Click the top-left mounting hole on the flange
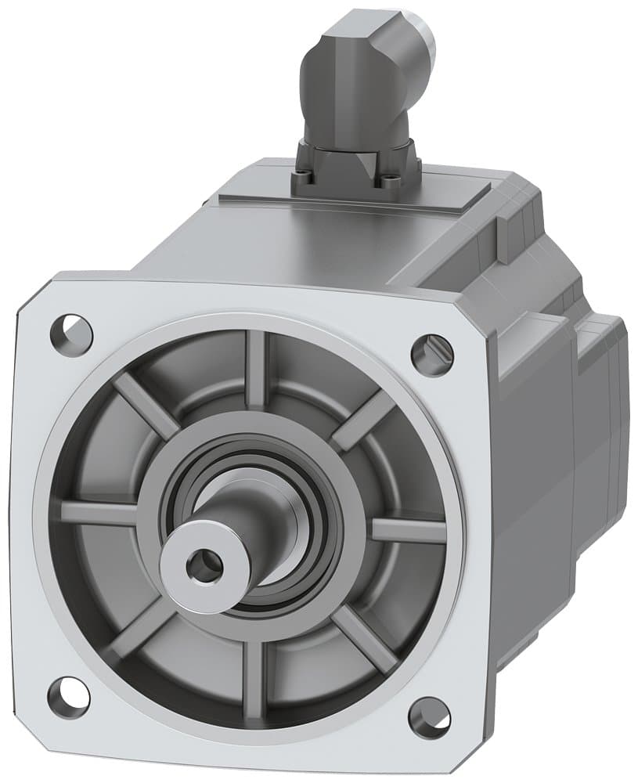pos(71,334)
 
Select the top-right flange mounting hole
pos(432,354)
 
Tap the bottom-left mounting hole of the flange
pos(68,695)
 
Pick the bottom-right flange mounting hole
pos(430,716)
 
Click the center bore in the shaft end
pos(205,565)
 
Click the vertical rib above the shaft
pos(255,368)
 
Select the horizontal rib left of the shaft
pos(98,513)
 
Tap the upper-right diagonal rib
pos(365,420)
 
